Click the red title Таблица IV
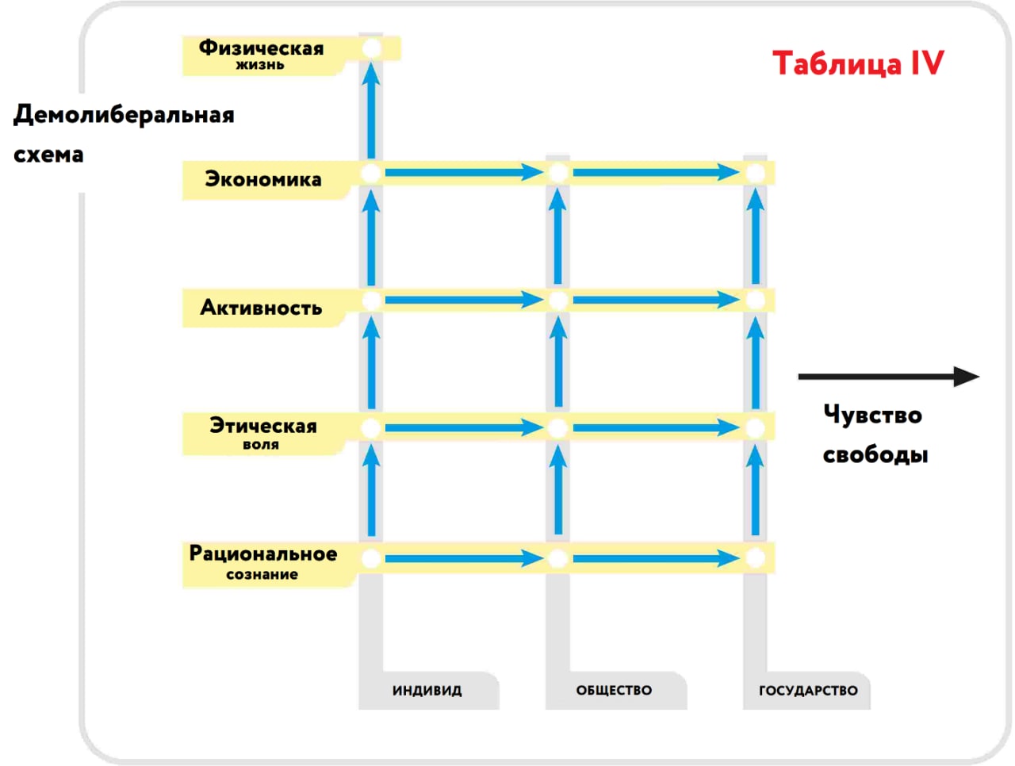[x=858, y=63]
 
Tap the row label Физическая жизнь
[x=261, y=54]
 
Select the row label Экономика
[x=263, y=179]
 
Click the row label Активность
[x=261, y=308]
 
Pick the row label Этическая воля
[x=262, y=433]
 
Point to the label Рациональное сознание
[x=262, y=562]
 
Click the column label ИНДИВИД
[x=427, y=691]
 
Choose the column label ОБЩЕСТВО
[x=614, y=691]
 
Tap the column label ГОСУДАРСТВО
[x=808, y=691]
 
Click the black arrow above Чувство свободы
[x=888, y=377]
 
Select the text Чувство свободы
[x=874, y=435]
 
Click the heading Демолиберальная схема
[x=123, y=133]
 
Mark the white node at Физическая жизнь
[x=371, y=49]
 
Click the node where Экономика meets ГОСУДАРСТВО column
[x=755, y=173]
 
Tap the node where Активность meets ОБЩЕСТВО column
[x=557, y=301]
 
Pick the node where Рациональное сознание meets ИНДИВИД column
[x=371, y=558]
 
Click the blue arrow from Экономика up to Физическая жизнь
[x=371, y=111]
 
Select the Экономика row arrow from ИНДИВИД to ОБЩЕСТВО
[x=464, y=172]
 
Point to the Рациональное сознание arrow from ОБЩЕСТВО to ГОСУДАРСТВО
[x=656, y=558]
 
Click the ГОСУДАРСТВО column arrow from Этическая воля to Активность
[x=755, y=363]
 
